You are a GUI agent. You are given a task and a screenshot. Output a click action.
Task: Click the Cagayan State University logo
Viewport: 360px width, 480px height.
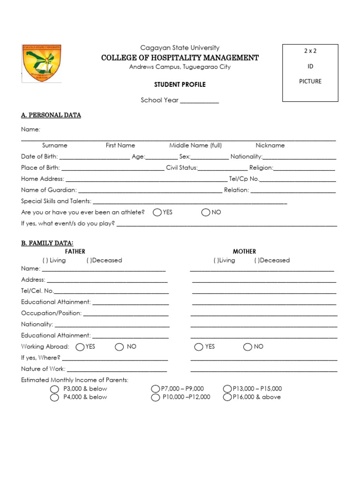pyautogui.click(x=42, y=63)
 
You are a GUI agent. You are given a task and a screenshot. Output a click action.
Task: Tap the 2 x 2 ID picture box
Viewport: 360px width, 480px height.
pyautogui.click(x=310, y=73)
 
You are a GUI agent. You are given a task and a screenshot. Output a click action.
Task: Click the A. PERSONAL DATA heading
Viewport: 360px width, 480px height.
pyautogui.click(x=51, y=115)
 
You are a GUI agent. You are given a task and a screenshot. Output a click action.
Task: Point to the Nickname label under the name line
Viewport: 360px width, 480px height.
pyautogui.click(x=270, y=145)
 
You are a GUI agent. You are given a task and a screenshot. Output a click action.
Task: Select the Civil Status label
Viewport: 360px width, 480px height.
pyautogui.click(x=181, y=168)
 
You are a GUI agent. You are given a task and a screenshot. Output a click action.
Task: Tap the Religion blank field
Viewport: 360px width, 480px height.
pyautogui.click(x=304, y=168)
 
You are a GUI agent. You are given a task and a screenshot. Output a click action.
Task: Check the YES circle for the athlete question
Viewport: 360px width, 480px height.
pyautogui.click(x=157, y=212)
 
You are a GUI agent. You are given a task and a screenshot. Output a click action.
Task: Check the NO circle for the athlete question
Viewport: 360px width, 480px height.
pyautogui.click(x=206, y=212)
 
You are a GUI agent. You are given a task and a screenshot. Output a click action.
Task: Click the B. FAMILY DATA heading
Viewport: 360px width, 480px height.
pyautogui.click(x=47, y=243)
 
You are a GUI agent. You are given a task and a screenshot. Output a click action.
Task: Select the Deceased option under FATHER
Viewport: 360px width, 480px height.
pyautogui.click(x=104, y=260)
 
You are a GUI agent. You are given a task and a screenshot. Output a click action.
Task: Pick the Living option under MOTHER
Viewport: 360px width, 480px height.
pyautogui.click(x=225, y=260)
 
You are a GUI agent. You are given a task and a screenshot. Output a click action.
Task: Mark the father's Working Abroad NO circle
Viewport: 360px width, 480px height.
pyautogui.click(x=119, y=347)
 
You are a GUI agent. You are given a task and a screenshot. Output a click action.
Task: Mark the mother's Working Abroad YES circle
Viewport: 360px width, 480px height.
pyautogui.click(x=199, y=347)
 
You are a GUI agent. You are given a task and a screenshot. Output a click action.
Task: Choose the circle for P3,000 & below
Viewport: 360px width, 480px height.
pyautogui.click(x=54, y=389)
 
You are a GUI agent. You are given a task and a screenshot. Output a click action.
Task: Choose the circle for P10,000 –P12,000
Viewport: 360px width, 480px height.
pyautogui.click(x=156, y=397)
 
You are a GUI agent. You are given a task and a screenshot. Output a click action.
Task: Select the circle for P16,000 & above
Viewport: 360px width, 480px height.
pyautogui.click(x=227, y=397)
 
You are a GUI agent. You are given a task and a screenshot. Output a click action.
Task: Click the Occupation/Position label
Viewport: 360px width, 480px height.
pyautogui.click(x=51, y=313)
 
